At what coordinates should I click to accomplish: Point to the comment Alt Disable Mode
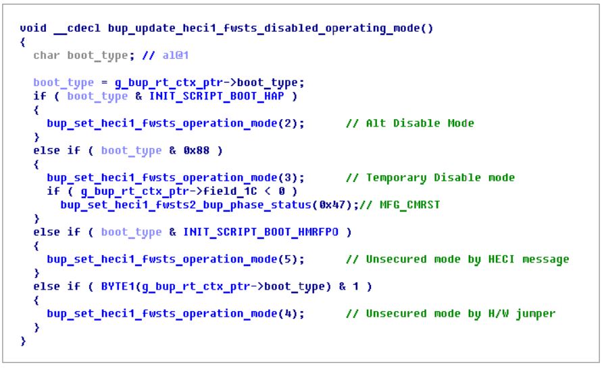coord(420,124)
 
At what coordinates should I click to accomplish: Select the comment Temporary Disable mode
coord(440,178)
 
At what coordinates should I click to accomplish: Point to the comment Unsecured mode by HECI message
coord(467,259)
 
